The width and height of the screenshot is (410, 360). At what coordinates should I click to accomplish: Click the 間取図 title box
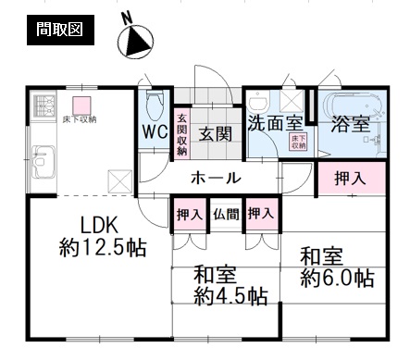(60, 30)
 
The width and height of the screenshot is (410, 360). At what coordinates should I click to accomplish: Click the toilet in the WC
(155, 105)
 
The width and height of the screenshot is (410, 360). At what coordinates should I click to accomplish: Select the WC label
(155, 132)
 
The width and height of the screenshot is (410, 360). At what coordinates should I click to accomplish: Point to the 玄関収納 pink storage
(182, 133)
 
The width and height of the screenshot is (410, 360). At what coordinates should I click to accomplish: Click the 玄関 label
(216, 133)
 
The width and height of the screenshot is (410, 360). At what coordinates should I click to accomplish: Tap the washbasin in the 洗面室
(258, 102)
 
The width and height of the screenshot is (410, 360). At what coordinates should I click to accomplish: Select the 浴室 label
(351, 124)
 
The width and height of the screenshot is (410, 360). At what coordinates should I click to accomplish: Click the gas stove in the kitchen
(44, 106)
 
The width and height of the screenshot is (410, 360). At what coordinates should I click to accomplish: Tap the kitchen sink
(44, 162)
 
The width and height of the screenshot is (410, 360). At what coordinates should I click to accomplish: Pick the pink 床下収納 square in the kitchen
(81, 106)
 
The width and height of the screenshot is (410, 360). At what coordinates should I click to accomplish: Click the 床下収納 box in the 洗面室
(299, 143)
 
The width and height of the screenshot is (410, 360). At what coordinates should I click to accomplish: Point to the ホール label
(216, 179)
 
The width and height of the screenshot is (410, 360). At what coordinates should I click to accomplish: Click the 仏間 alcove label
(226, 214)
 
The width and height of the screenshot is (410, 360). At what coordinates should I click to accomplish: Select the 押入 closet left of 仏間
(189, 214)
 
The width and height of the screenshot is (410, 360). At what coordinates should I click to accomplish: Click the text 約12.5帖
(103, 248)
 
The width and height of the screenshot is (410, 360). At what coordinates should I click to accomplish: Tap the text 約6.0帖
(338, 278)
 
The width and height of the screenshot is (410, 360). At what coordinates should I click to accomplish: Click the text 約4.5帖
(230, 296)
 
